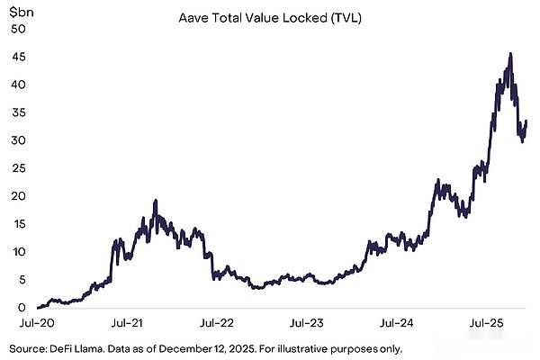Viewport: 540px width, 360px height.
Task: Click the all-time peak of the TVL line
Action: point(510,54)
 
